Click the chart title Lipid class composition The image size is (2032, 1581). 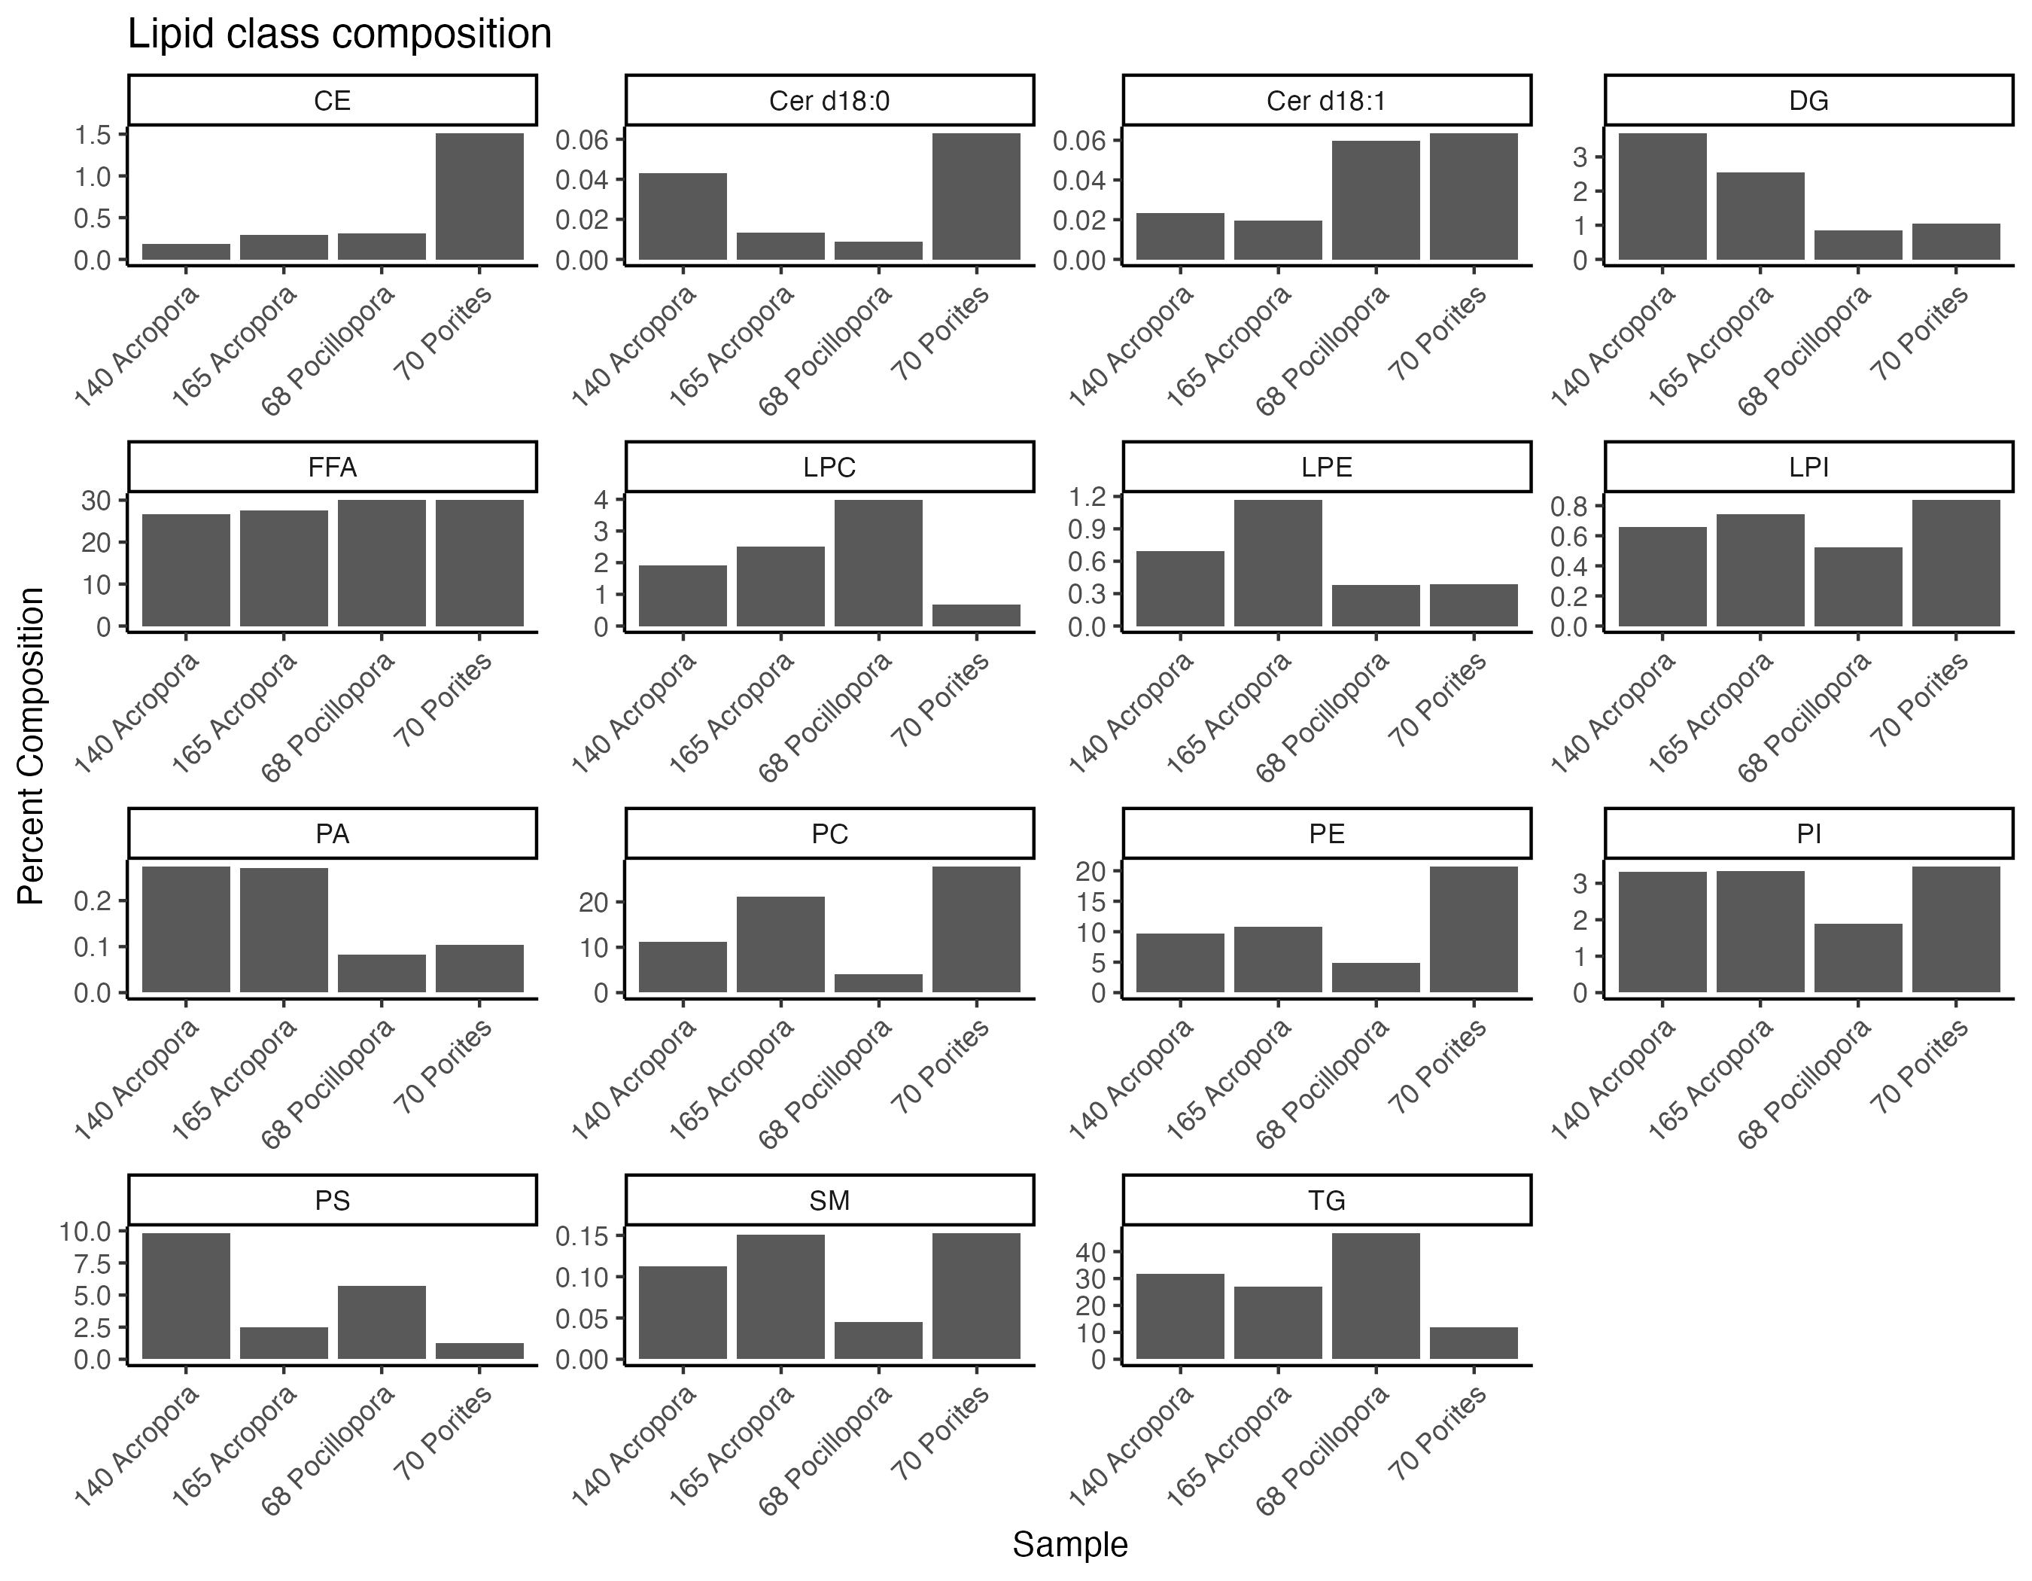point(339,35)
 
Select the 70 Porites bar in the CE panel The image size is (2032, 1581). point(479,196)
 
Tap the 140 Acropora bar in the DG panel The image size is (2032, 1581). point(1662,196)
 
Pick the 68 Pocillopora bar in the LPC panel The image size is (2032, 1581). point(878,563)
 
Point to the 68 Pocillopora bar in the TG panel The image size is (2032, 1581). point(1375,1296)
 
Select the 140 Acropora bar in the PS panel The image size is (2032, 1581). point(186,1296)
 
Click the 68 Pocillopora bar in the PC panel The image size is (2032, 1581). point(878,982)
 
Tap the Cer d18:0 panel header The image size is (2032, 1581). point(829,100)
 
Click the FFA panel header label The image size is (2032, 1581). point(332,467)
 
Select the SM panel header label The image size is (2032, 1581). point(829,1200)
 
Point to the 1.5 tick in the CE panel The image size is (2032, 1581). point(93,135)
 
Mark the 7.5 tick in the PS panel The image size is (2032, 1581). point(86,1264)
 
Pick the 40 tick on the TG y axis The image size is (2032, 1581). point(1090,1253)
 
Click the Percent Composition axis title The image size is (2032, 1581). point(31,745)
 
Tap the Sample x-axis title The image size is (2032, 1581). point(1070,1545)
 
